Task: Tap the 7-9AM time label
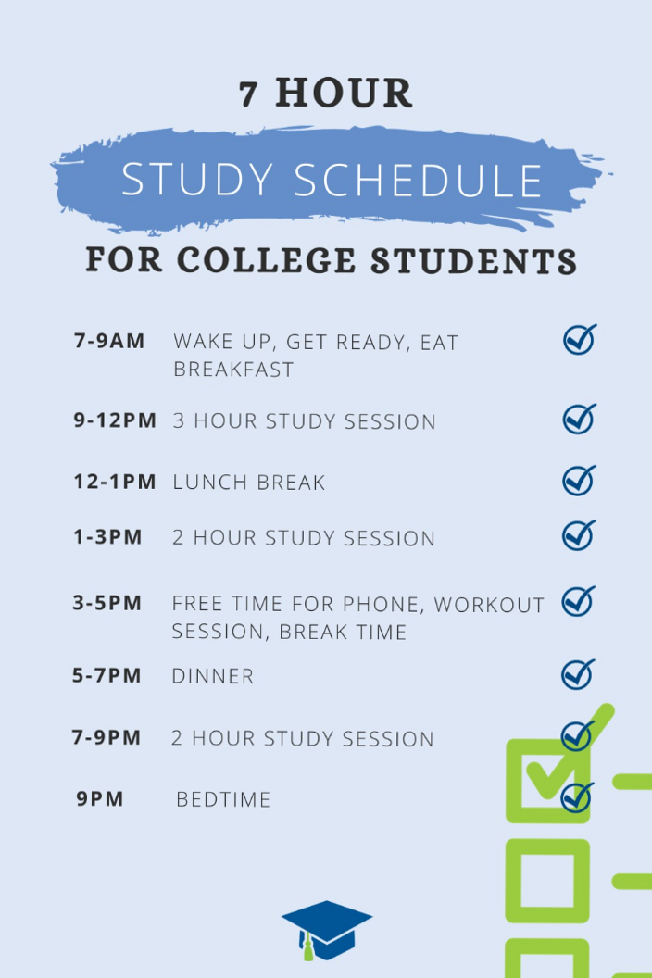(x=109, y=341)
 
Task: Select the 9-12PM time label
(x=115, y=420)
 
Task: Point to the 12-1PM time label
(x=115, y=482)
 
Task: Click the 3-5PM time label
(x=107, y=603)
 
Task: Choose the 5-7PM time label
(x=107, y=675)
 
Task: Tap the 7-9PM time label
(x=107, y=737)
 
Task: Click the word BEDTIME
(x=223, y=799)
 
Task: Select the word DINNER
(x=212, y=676)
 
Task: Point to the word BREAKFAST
(x=233, y=370)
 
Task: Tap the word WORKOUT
(x=489, y=605)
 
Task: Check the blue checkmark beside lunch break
(x=579, y=481)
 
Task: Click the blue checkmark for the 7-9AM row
(x=579, y=340)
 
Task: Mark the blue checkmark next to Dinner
(x=578, y=673)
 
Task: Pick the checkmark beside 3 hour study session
(x=579, y=419)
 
